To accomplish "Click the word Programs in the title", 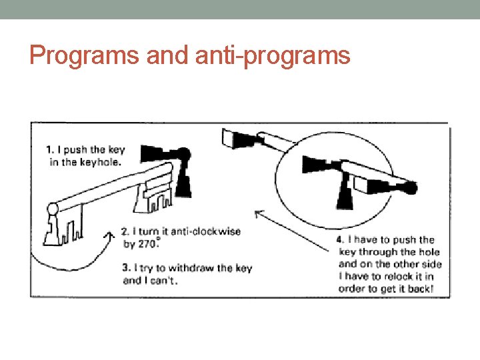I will [74, 55].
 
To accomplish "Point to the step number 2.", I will [125, 231].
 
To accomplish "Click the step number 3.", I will [125, 268].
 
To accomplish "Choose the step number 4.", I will [339, 239].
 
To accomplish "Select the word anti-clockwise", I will [206, 231].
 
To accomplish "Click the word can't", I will [164, 281].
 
